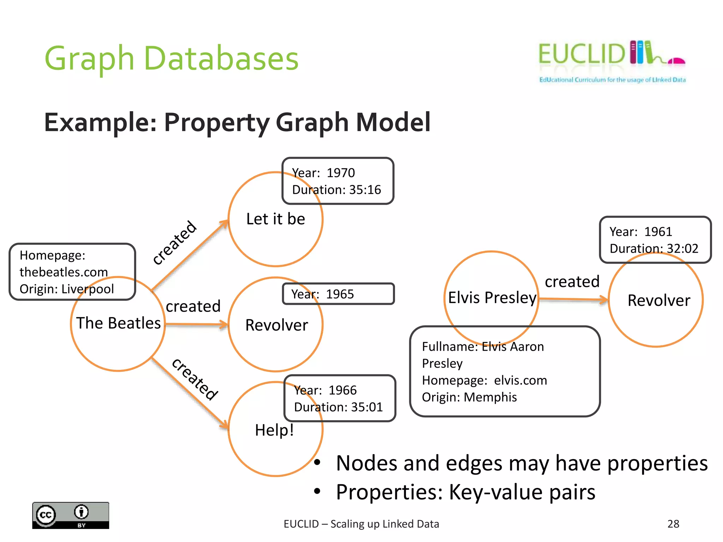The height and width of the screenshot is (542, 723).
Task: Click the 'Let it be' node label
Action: pyautogui.click(x=275, y=219)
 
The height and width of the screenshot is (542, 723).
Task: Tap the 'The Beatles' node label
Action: pyautogui.click(x=119, y=323)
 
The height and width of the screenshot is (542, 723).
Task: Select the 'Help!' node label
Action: pyautogui.click(x=274, y=430)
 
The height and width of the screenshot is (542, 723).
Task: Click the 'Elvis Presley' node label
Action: pyautogui.click(x=492, y=297)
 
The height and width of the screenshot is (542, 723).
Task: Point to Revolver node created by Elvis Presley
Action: pyautogui.click(x=658, y=301)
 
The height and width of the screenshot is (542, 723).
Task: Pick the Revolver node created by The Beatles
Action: pyautogui.click(x=276, y=325)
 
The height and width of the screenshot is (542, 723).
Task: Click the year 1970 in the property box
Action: pyautogui.click(x=340, y=173)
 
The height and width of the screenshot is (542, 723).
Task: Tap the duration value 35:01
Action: pyautogui.click(x=367, y=407)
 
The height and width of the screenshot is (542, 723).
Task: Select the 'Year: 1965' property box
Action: pyautogui.click(x=338, y=294)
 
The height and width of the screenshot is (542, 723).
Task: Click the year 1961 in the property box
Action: pyautogui.click(x=658, y=232)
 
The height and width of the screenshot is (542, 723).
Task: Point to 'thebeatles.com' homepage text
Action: pyautogui.click(x=64, y=272)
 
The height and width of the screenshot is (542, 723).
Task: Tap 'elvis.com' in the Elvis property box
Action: pyautogui.click(x=520, y=380)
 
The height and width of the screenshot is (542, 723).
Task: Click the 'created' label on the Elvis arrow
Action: pyautogui.click(x=572, y=282)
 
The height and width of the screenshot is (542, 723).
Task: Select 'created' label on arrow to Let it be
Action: pyautogui.click(x=174, y=242)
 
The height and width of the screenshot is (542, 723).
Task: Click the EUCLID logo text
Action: pyautogui.click(x=581, y=54)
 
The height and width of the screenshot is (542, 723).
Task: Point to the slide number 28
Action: pyautogui.click(x=673, y=524)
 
